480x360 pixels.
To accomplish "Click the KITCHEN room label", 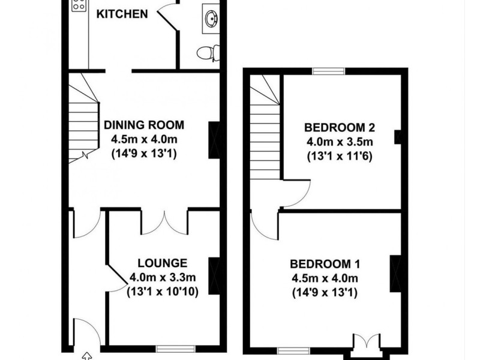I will click(122, 13).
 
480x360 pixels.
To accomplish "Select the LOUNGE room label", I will click(163, 263).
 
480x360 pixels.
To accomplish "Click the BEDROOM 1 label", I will click(325, 264).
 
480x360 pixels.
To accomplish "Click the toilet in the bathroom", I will click(208, 53).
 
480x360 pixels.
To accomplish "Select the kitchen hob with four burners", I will click(79, 6).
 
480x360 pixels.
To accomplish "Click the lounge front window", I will click(175, 348).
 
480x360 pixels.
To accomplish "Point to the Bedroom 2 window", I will click(328, 71).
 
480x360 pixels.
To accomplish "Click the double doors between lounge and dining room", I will click(164, 221).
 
